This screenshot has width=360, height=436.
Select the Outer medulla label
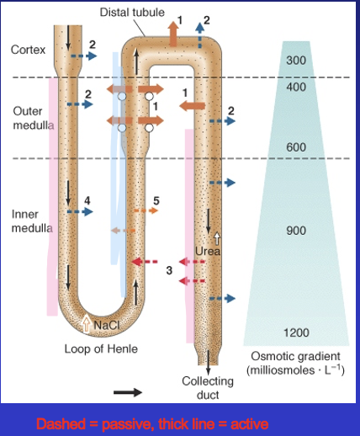point(33,119)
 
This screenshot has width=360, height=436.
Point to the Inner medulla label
point(32,221)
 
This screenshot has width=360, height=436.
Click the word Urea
point(208,251)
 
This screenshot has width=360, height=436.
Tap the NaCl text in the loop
point(107,324)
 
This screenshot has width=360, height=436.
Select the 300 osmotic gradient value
point(296,61)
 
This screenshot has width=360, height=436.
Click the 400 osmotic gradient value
point(296,87)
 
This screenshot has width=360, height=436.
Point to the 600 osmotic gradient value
point(296,148)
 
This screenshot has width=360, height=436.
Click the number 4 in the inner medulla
point(87,200)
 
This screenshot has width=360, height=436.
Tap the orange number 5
point(156,199)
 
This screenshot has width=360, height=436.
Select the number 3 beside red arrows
point(167,270)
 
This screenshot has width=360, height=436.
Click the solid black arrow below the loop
point(128,391)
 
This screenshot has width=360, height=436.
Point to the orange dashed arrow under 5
point(146,212)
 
